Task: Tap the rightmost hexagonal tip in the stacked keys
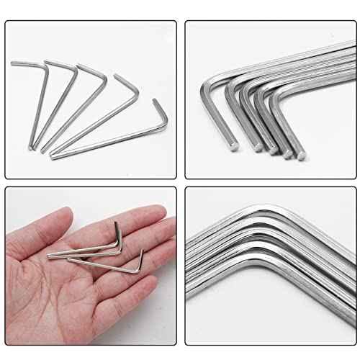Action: (302, 155)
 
